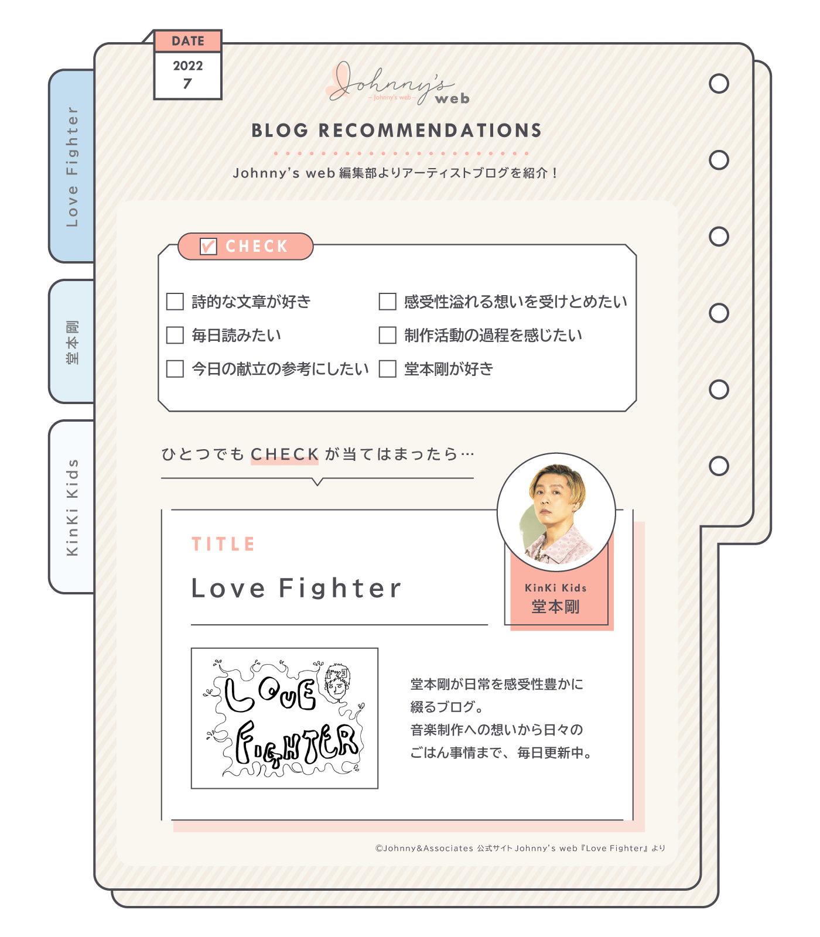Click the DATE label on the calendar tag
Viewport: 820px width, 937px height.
coord(188,41)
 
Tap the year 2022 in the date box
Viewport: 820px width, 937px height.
coord(188,66)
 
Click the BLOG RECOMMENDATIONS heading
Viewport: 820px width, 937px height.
coord(397,131)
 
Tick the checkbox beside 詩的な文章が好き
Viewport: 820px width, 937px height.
coord(175,302)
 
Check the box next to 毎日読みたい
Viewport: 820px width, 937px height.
coord(175,335)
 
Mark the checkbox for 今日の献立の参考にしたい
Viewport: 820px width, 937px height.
coord(175,369)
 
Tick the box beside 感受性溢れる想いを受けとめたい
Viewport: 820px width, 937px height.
coord(387,302)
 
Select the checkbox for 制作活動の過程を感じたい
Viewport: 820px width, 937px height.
coord(387,335)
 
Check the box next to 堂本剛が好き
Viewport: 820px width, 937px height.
coord(387,369)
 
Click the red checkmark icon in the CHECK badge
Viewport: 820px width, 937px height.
coord(209,246)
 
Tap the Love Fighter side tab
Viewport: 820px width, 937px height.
coord(72,166)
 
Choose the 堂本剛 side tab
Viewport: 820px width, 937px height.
coord(72,342)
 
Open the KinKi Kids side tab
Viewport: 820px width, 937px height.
coord(72,507)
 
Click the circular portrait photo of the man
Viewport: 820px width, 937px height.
coord(556,512)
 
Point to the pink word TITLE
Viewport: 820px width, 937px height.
coord(223,544)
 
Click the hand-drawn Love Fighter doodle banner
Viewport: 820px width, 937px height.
coord(285,718)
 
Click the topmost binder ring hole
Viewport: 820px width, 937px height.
coord(719,84)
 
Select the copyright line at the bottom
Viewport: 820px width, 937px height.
coord(520,848)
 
